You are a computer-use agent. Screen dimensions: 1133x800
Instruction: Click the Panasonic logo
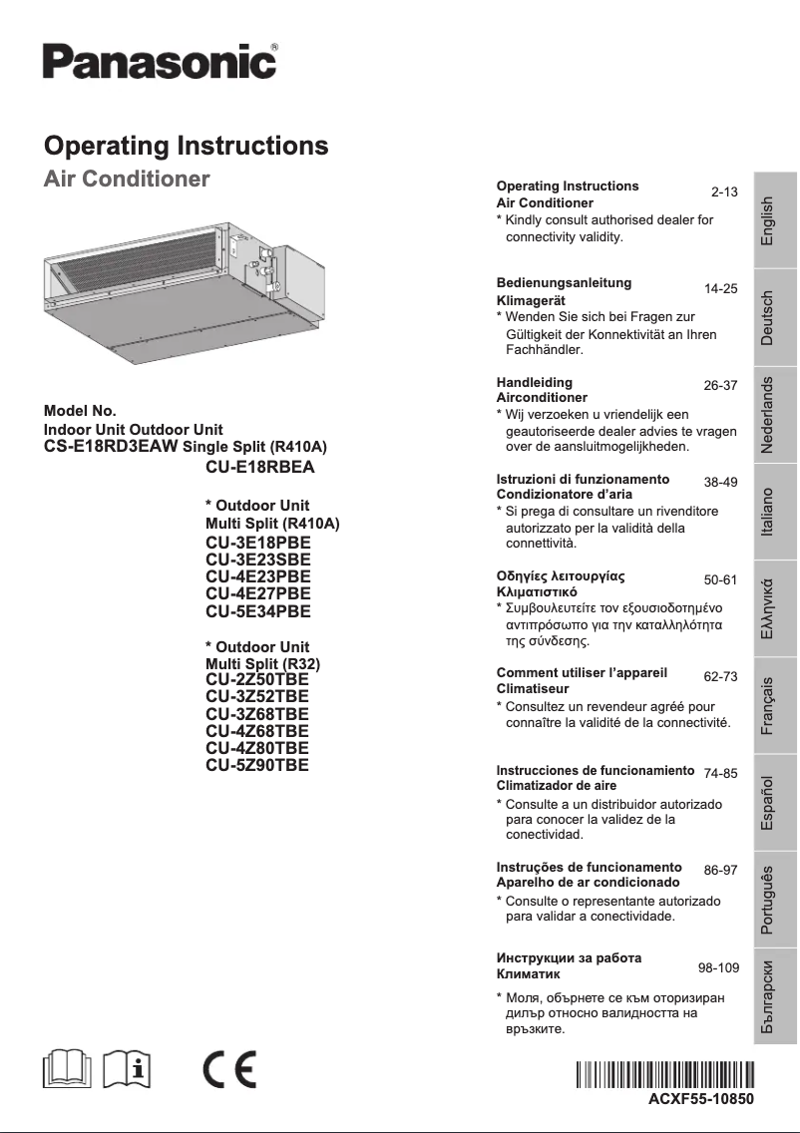pyautogui.click(x=160, y=62)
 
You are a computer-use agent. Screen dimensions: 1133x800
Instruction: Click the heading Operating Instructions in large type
pyautogui.click(x=187, y=146)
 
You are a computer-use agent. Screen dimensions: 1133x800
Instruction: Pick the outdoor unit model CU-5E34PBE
pyautogui.click(x=257, y=611)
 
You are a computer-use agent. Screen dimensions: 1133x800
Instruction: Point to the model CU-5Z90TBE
pyautogui.click(x=256, y=765)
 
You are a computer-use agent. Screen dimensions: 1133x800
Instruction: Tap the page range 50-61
pyautogui.click(x=720, y=579)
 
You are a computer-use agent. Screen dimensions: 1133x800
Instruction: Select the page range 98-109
pyautogui.click(x=718, y=967)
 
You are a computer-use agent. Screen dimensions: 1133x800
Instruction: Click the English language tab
pyautogui.click(x=767, y=220)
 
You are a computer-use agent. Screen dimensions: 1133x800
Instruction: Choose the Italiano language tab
pyautogui.click(x=767, y=513)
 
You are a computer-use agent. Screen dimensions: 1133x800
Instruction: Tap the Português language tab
pyautogui.click(x=767, y=900)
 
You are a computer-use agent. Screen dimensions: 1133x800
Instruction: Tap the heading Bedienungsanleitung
pyautogui.click(x=564, y=283)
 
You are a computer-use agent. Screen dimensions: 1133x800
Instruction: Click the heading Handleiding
pyautogui.click(x=534, y=382)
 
